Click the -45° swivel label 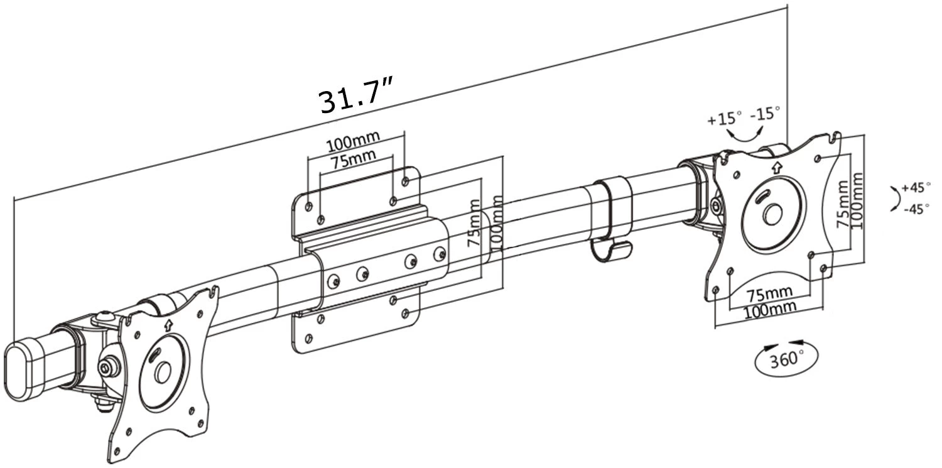point(916,209)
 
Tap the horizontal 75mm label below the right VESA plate point(769,293)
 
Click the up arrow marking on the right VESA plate point(777,167)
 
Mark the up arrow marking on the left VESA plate point(168,325)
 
